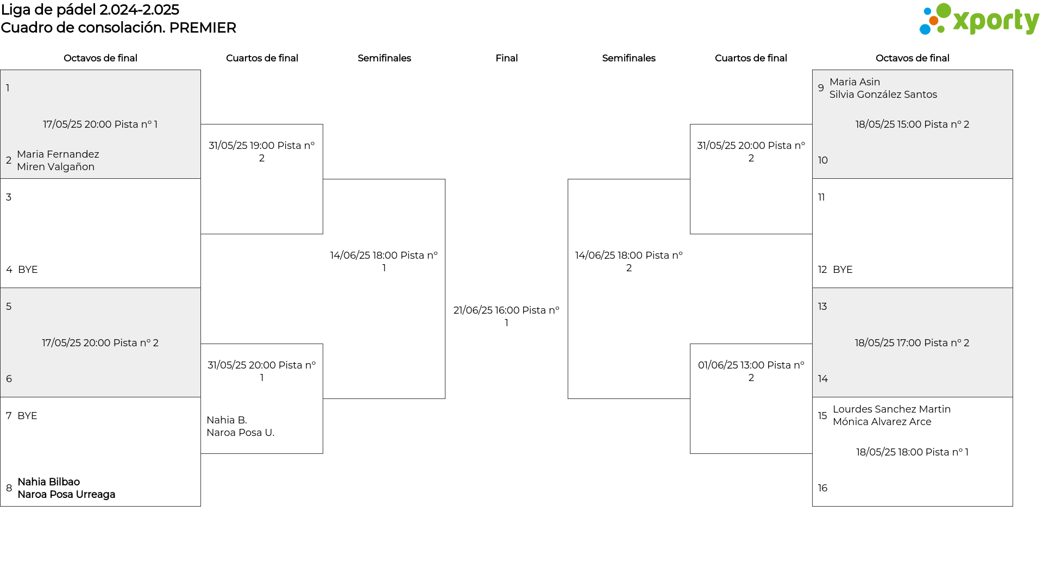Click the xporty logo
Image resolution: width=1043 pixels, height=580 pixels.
pos(979,20)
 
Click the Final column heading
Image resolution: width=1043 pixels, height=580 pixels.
pos(506,58)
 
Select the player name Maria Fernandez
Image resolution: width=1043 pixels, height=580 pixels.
pos(58,154)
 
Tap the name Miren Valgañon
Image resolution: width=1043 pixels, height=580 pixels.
pos(56,167)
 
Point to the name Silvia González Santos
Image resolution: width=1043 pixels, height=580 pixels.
pos(883,95)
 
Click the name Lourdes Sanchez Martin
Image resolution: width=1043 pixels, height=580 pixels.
pos(892,409)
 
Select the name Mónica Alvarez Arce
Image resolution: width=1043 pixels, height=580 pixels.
pos(882,422)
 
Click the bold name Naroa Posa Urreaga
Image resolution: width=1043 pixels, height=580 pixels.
pos(66,495)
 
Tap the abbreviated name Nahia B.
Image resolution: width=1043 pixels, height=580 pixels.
pos(227,420)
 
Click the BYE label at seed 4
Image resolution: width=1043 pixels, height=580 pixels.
pos(28,270)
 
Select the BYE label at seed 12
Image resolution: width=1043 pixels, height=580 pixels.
pos(843,270)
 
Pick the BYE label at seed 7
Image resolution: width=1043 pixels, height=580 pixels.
pos(27,416)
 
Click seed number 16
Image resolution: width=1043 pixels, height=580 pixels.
pos(823,488)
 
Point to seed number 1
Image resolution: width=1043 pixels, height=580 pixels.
pos(8,88)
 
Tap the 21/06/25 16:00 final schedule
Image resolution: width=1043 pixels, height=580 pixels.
pos(506,316)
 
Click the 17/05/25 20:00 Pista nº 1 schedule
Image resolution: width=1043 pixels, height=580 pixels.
pos(100,124)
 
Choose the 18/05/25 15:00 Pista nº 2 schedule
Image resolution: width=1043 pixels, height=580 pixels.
pos(913,124)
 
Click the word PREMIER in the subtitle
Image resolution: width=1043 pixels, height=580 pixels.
pos(203,28)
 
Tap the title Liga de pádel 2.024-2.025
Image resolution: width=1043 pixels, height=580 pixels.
pos(90,10)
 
